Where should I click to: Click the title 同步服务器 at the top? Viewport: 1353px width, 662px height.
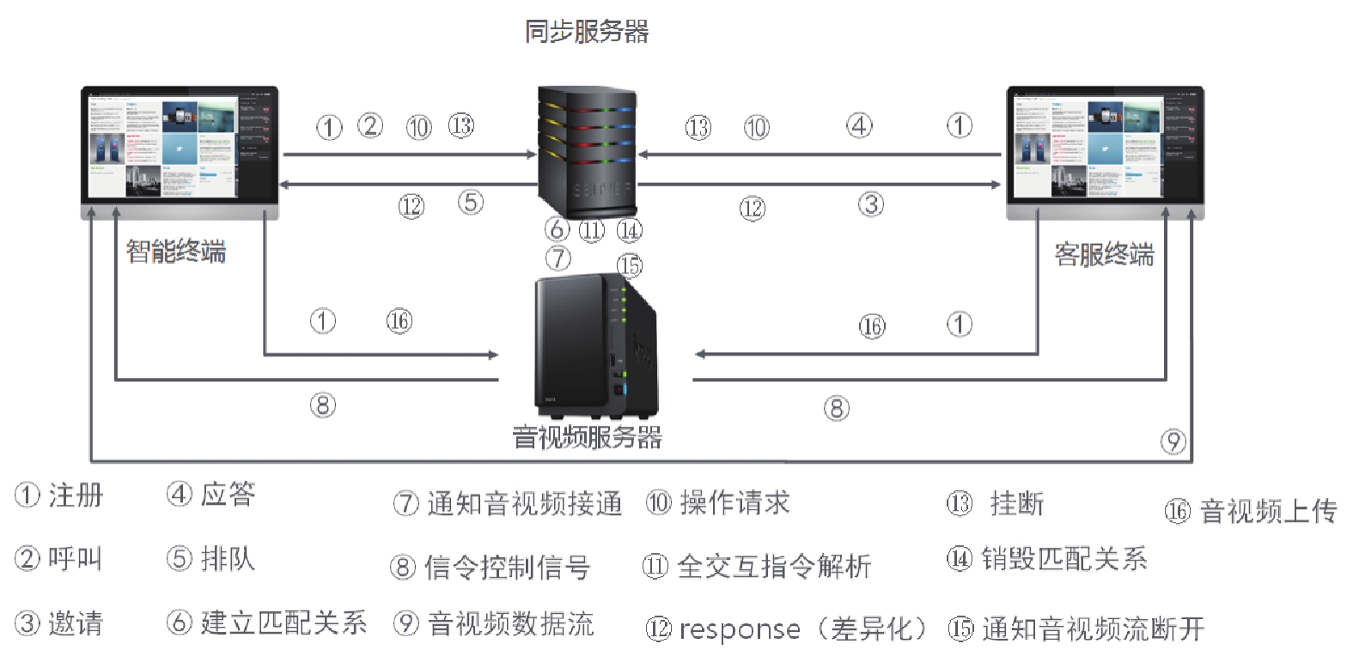pos(587,33)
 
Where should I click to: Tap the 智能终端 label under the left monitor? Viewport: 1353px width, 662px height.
pos(176,252)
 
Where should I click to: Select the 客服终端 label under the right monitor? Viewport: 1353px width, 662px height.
pos(1104,255)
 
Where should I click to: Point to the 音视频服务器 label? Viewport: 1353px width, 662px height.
pos(588,437)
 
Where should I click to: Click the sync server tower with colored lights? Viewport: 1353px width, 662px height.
pos(587,153)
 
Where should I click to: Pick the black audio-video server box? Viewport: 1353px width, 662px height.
pos(594,343)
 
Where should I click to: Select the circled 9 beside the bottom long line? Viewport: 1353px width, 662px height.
pos(1173,441)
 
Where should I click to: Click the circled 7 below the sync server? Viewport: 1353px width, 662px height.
pos(558,258)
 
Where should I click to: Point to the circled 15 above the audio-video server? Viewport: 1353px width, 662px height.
pos(630,266)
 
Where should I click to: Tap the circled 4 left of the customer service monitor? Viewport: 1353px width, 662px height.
pos(860,125)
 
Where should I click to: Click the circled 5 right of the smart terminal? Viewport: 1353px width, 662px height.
pos(471,203)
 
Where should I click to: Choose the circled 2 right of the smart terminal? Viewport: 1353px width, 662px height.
pos(370,125)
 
